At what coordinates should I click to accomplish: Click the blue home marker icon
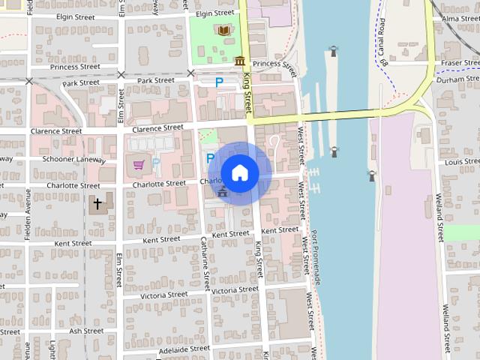click(x=239, y=173)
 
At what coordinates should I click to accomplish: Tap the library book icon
click(x=223, y=31)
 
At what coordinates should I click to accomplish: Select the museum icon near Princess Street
click(x=239, y=61)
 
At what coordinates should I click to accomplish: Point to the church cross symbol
click(x=97, y=203)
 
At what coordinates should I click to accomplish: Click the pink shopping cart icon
click(x=138, y=163)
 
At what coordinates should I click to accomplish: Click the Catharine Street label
click(x=205, y=263)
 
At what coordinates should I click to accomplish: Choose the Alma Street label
click(x=460, y=19)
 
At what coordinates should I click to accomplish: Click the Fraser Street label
click(x=460, y=63)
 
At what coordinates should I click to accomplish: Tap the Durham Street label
click(x=460, y=79)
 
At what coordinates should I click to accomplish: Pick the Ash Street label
click(x=85, y=331)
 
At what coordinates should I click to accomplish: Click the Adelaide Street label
click(x=184, y=349)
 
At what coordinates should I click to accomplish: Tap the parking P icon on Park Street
click(x=219, y=82)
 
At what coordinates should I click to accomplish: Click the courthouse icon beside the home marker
click(x=222, y=192)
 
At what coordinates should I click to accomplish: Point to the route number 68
click(x=384, y=64)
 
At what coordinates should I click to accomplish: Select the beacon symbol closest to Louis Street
click(x=371, y=176)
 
